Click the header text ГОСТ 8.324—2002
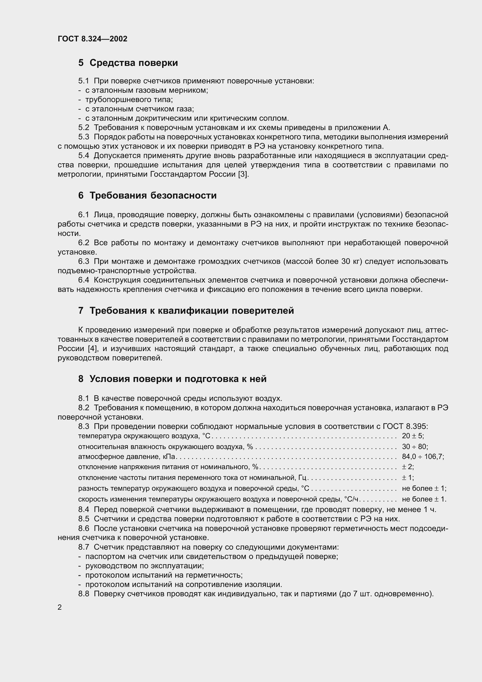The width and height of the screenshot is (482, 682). (x=92, y=39)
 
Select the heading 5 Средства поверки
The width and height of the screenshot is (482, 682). (x=128, y=63)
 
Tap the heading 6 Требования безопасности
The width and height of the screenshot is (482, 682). (x=147, y=195)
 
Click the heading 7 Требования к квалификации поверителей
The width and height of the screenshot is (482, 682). (x=186, y=311)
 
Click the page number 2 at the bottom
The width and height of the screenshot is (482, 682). (x=60, y=607)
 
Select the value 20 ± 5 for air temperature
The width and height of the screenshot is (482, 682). (x=412, y=436)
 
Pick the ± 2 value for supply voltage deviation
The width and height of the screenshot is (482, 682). (x=407, y=467)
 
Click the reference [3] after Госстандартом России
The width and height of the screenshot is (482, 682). (x=243, y=174)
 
